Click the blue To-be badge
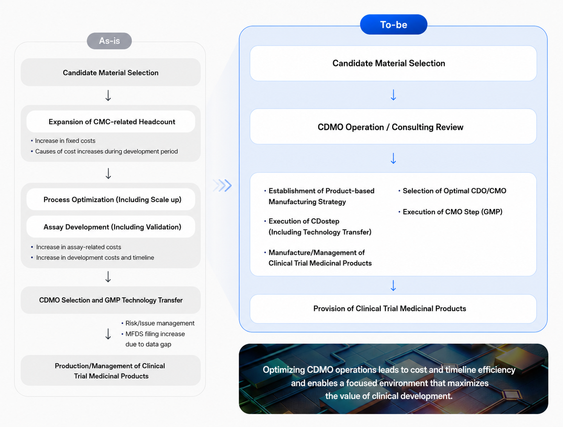pyautogui.click(x=393, y=25)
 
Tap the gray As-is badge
pyautogui.click(x=109, y=41)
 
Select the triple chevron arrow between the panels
pyautogui.click(x=222, y=185)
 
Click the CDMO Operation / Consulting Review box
pyautogui.click(x=393, y=127)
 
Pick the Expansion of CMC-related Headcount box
pyautogui.click(x=111, y=122)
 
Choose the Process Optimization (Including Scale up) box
pyautogui.click(x=111, y=199)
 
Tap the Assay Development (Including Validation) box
pyautogui.click(x=111, y=226)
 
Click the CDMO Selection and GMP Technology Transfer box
pyautogui.click(x=111, y=300)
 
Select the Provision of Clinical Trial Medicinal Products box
pyautogui.click(x=393, y=309)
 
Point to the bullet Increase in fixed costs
pyautogui.click(x=63, y=141)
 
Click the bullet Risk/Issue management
pyautogui.click(x=158, y=323)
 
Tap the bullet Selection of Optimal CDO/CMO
pyautogui.click(x=452, y=191)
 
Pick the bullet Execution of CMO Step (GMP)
pyautogui.click(x=450, y=212)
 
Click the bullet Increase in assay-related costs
pyautogui.click(x=76, y=247)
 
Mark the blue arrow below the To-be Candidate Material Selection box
pyautogui.click(x=393, y=95)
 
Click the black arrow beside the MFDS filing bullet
pyautogui.click(x=108, y=334)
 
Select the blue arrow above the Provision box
pyautogui.click(x=393, y=285)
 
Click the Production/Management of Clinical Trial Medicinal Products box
pyautogui.click(x=111, y=370)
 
